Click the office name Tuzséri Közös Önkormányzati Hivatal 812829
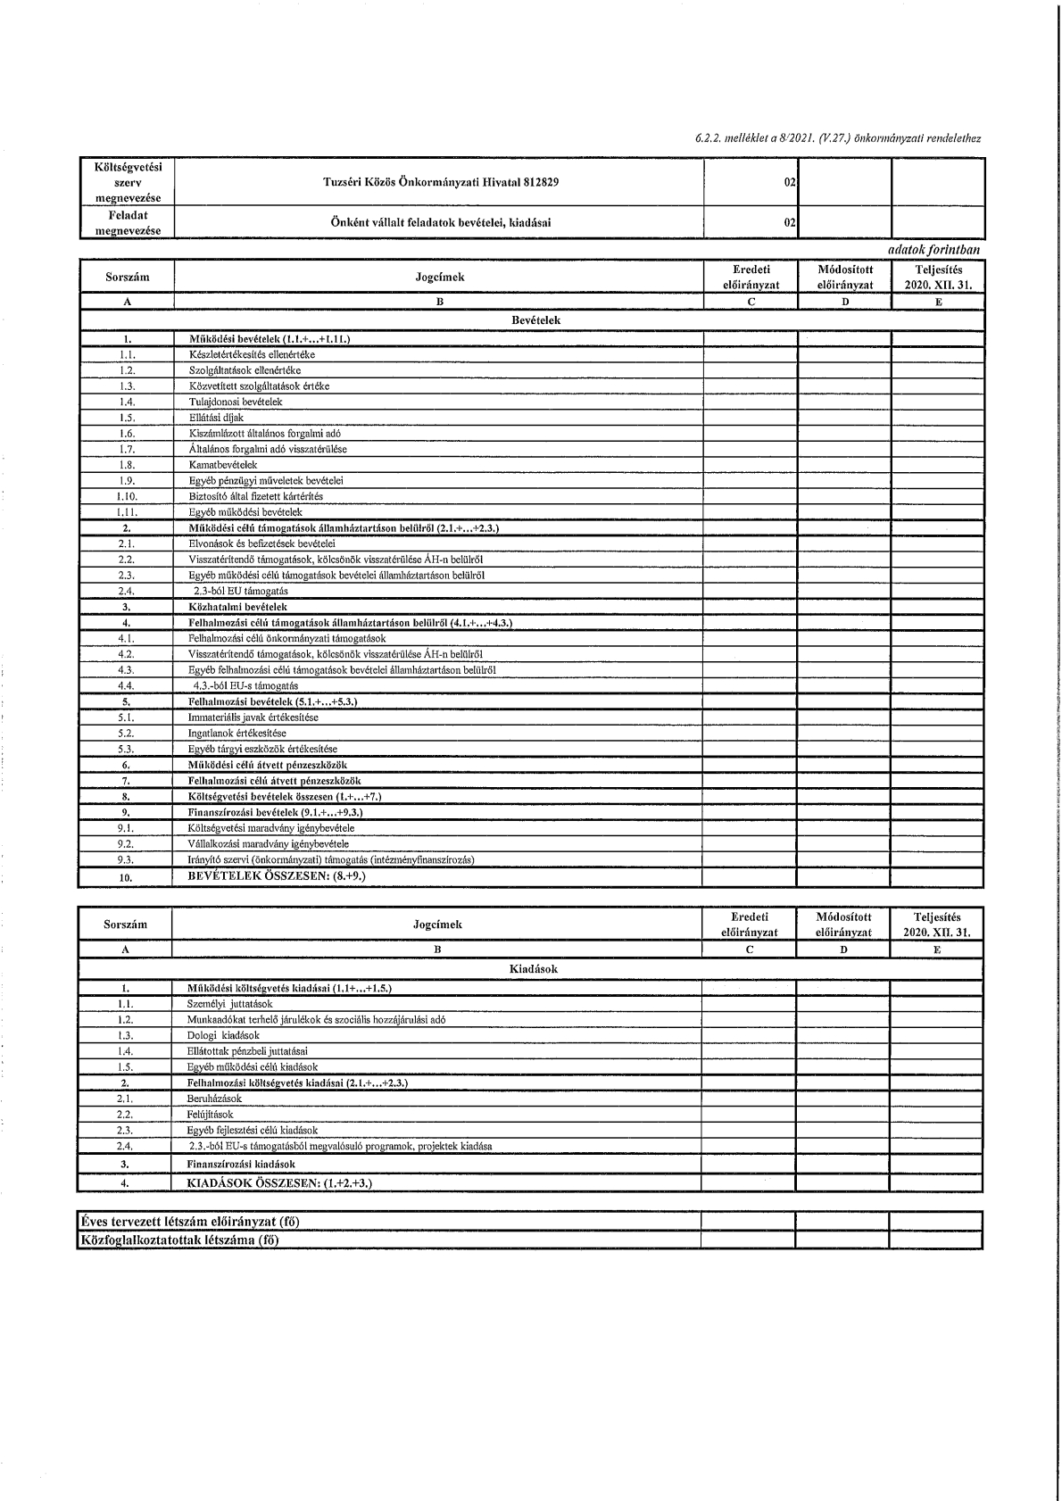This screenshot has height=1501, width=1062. tap(441, 183)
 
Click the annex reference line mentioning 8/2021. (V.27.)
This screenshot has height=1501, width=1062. tap(838, 139)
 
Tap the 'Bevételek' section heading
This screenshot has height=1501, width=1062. tap(535, 320)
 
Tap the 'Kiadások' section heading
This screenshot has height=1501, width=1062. tap(535, 968)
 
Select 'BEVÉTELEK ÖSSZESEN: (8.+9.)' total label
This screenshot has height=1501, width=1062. tap(277, 876)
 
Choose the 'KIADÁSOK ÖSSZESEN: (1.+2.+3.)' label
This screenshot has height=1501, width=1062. tap(278, 1183)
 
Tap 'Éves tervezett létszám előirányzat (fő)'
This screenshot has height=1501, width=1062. tap(189, 1222)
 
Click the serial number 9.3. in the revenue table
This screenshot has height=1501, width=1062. tap(126, 859)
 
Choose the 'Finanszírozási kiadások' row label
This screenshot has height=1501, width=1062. tap(241, 1164)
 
